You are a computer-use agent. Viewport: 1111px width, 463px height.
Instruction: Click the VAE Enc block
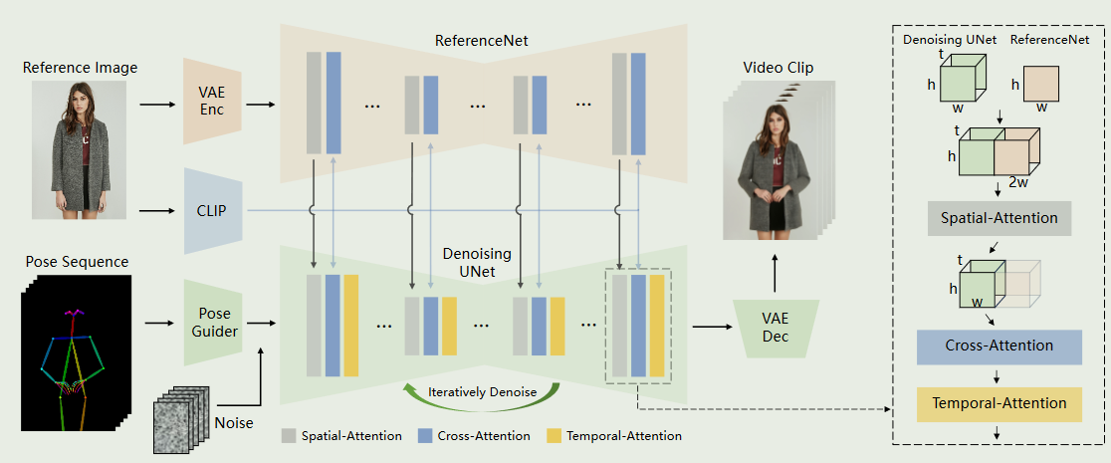(213, 101)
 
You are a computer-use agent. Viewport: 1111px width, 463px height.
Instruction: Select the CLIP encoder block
(213, 210)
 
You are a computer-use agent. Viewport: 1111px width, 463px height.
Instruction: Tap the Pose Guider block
(213, 323)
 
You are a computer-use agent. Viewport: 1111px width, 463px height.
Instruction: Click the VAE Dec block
(776, 328)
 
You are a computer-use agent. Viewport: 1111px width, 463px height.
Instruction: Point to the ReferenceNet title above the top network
(482, 41)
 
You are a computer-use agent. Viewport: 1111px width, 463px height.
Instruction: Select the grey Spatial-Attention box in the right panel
(999, 218)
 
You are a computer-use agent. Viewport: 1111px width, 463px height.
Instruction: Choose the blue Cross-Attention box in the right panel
(1000, 347)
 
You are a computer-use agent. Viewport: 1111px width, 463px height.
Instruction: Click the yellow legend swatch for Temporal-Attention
(555, 435)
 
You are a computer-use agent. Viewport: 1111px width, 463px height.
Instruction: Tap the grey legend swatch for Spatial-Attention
(289, 435)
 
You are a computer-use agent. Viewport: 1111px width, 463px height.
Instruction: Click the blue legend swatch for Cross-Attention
(425, 435)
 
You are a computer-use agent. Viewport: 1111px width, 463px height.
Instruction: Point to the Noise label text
(234, 423)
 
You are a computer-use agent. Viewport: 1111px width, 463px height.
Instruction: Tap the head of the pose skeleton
(73, 312)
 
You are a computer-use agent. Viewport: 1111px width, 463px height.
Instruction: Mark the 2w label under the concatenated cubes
(1018, 182)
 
